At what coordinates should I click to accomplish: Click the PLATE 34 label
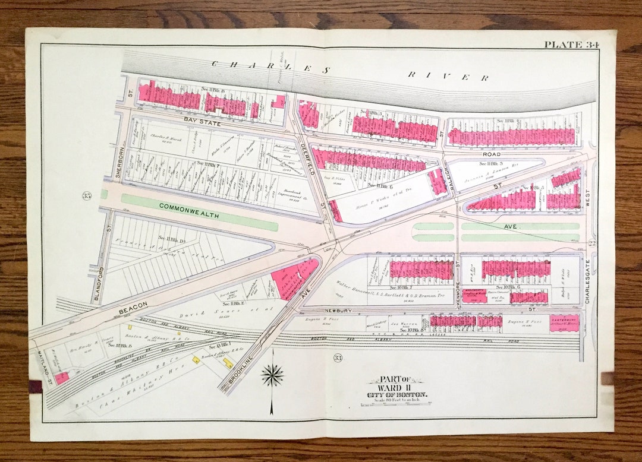click(x=571, y=45)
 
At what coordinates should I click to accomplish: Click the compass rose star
click(x=272, y=375)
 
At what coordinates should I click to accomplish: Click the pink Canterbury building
click(x=564, y=322)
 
